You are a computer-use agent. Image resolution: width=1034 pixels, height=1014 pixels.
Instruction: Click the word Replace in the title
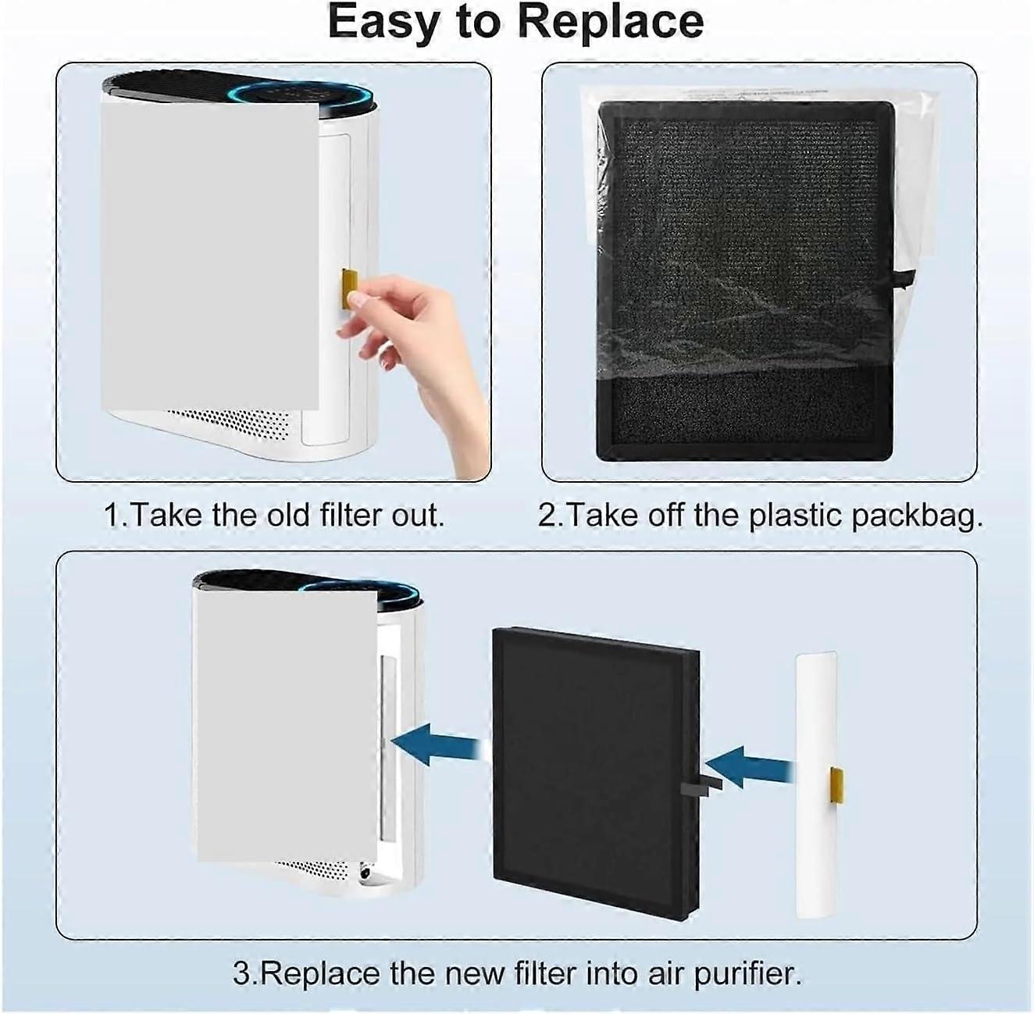click(610, 22)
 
